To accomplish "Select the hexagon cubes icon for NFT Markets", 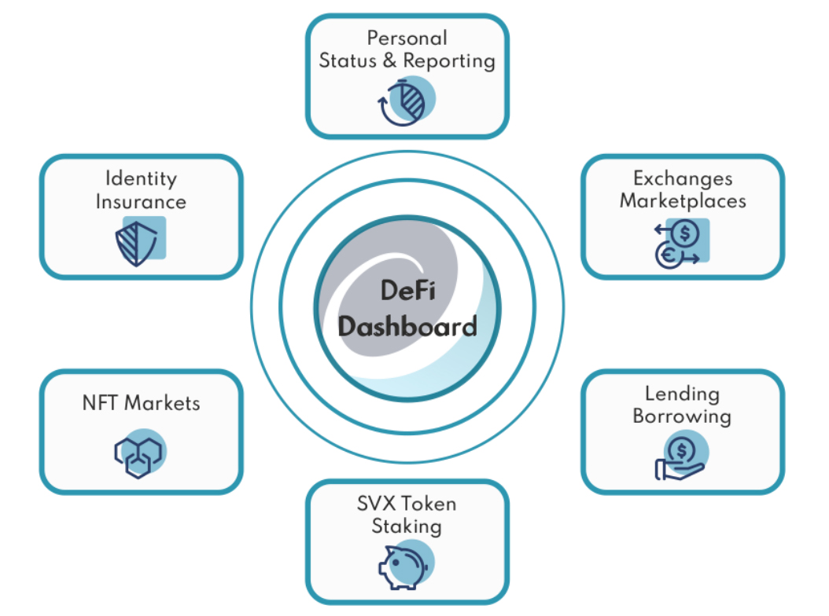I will click(x=139, y=453).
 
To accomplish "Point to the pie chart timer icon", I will click(x=406, y=103).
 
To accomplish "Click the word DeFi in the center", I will click(x=407, y=291).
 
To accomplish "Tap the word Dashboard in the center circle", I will click(x=407, y=325).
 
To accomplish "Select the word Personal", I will click(x=407, y=38).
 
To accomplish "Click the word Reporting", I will click(x=449, y=61).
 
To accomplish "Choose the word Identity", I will click(x=141, y=178).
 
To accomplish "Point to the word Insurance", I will click(x=141, y=201).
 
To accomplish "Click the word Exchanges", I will click(x=683, y=178).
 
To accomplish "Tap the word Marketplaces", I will click(x=683, y=200).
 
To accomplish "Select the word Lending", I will click(x=682, y=394).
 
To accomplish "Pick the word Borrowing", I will click(x=682, y=416).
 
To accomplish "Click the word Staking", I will click(x=407, y=526).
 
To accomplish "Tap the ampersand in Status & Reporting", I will click(x=390, y=61).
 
